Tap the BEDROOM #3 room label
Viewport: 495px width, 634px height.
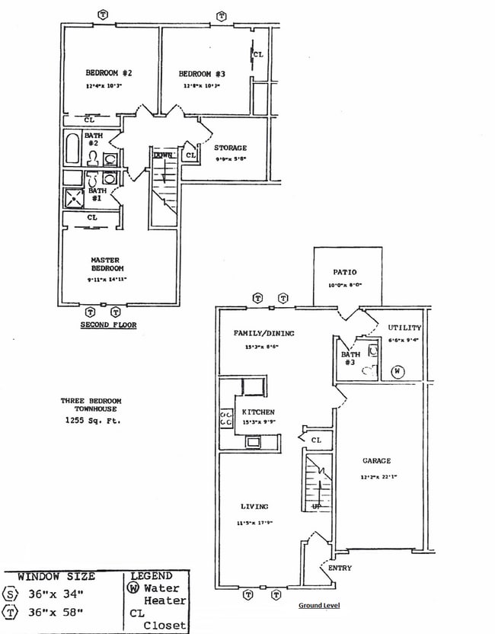[202, 73]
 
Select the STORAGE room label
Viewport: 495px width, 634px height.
[230, 148]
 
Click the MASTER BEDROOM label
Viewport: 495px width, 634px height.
[105, 264]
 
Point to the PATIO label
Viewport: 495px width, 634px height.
[345, 272]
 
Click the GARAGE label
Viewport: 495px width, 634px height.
[376, 460]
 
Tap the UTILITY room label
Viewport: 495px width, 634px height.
[404, 328]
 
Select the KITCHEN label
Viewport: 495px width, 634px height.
[258, 412]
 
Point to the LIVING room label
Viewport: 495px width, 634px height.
[254, 506]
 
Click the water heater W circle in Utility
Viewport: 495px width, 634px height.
[397, 372]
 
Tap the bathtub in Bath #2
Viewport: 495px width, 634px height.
[72, 149]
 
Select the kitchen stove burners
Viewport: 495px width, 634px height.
[226, 418]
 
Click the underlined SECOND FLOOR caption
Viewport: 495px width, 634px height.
[108, 325]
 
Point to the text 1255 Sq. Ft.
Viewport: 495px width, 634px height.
[91, 420]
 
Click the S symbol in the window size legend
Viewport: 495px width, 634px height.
[10, 594]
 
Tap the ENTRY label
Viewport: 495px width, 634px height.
[340, 568]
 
